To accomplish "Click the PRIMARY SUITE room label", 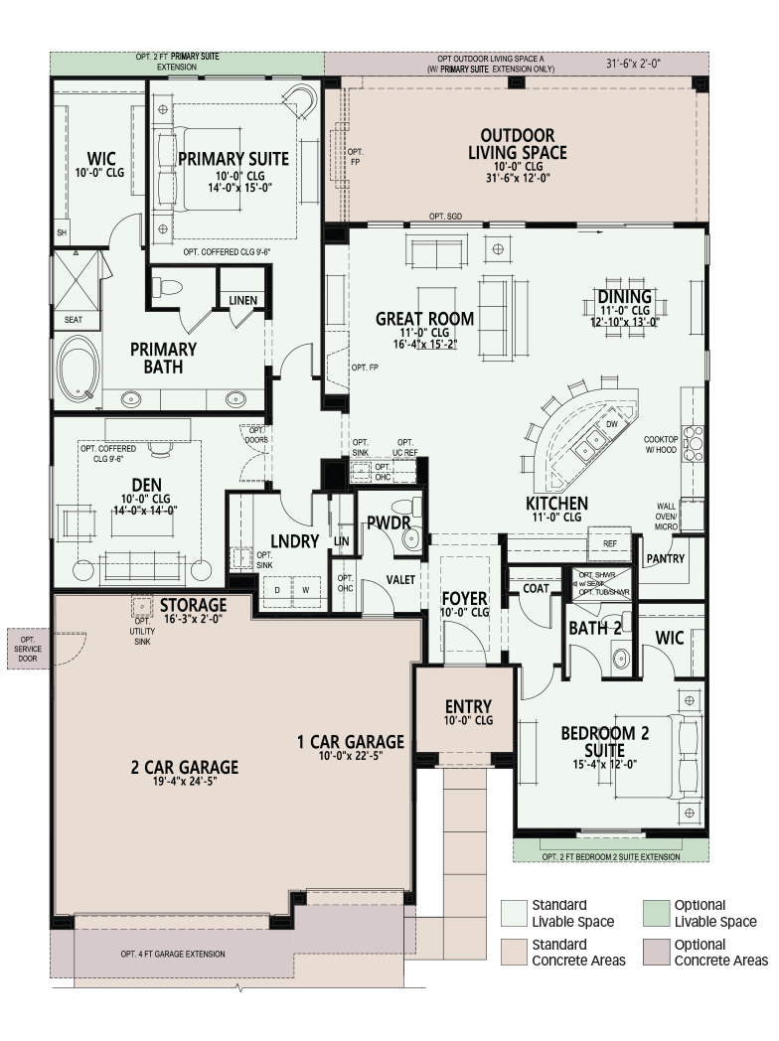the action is click(234, 159).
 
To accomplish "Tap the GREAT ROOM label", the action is click(425, 319).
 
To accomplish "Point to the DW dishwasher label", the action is click(612, 423).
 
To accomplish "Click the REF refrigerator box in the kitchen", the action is click(611, 543).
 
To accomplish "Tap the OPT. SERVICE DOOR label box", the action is click(28, 649).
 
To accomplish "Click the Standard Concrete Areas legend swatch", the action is click(514, 953).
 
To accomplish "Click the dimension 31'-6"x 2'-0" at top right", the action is click(633, 64).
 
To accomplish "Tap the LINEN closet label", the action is click(243, 301).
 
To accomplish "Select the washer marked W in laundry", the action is click(306, 590).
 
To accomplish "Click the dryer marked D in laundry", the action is click(277, 590).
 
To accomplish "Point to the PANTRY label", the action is click(666, 559).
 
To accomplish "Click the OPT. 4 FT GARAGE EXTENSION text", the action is click(173, 954).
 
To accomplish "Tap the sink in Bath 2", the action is click(620, 659).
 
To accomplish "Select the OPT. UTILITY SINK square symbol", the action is click(141, 607).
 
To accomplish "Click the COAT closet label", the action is click(536, 588).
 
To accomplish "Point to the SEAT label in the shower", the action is click(74, 319).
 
